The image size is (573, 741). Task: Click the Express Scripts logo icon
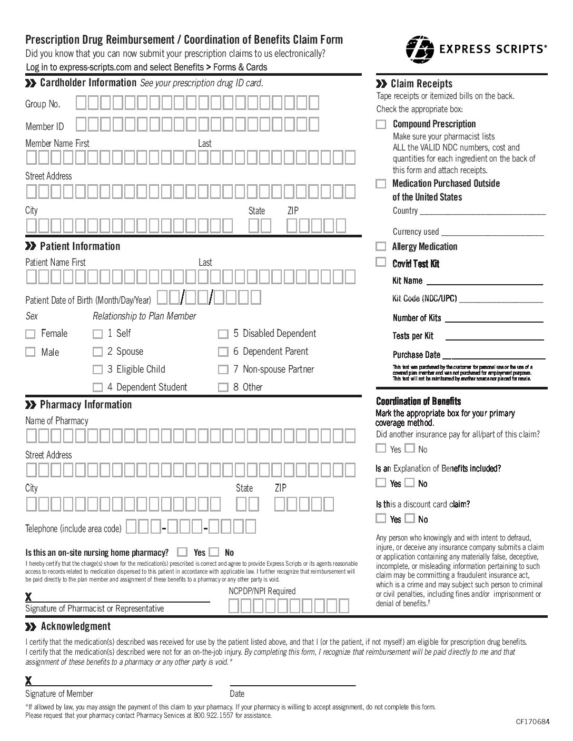pyautogui.click(x=420, y=49)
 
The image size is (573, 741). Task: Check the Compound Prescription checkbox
pyautogui.click(x=381, y=125)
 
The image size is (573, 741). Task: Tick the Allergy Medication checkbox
pyautogui.click(x=381, y=246)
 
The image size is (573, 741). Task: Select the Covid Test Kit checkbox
pyautogui.click(x=381, y=262)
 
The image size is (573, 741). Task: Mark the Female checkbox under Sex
pyautogui.click(x=31, y=334)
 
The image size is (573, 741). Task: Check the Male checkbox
pyautogui.click(x=31, y=352)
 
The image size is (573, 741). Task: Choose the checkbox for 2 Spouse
pyautogui.click(x=97, y=352)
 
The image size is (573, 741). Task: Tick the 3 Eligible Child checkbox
pyautogui.click(x=97, y=369)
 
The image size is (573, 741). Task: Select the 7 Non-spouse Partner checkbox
pyautogui.click(x=223, y=369)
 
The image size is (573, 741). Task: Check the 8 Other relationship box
pyautogui.click(x=223, y=387)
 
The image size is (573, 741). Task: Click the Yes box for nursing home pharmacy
pyautogui.click(x=182, y=552)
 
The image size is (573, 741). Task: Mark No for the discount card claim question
pyautogui.click(x=410, y=518)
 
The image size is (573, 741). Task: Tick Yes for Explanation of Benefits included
pyautogui.click(x=381, y=483)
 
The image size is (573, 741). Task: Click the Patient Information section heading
pyautogui.click(x=80, y=246)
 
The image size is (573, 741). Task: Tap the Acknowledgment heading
pyautogui.click(x=75, y=626)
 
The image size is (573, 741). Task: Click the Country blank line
pyautogui.click(x=483, y=212)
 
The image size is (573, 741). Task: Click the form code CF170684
pyautogui.click(x=532, y=722)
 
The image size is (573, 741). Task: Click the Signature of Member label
pyautogui.click(x=59, y=694)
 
